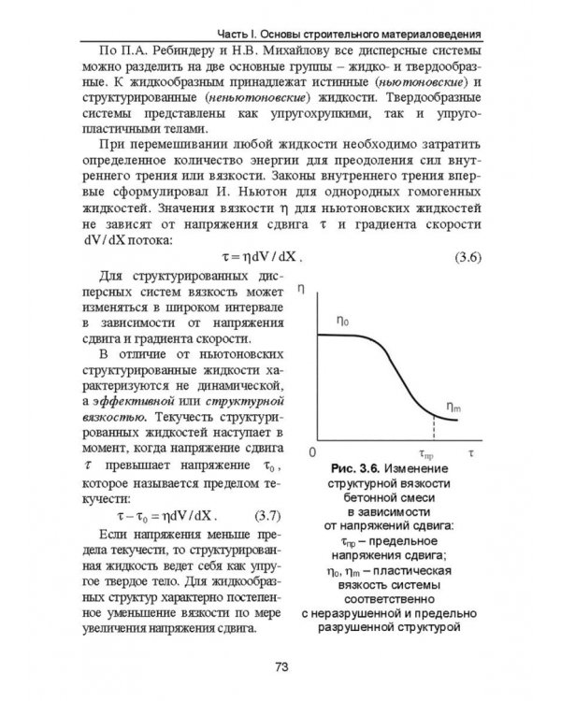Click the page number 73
[280, 666]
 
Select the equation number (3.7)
[272, 516]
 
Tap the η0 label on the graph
[343, 321]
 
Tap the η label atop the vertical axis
[300, 291]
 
